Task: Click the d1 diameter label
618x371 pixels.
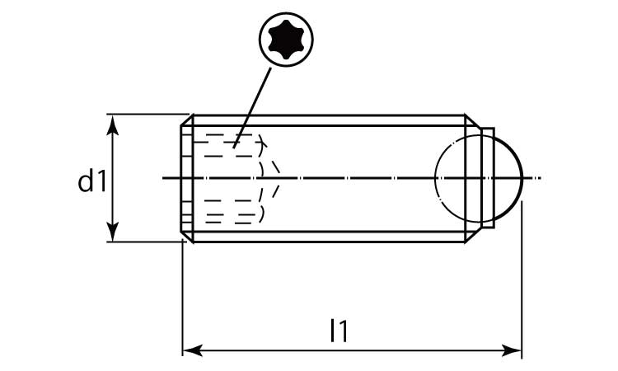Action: [92, 181]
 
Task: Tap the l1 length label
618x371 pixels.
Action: [339, 331]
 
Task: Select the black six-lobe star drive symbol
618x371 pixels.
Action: [286, 40]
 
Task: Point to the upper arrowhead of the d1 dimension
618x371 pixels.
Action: [113, 125]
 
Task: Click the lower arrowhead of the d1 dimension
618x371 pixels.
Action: [113, 231]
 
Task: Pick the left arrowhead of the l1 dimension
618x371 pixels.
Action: [193, 350]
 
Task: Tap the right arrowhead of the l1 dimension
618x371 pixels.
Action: [511, 350]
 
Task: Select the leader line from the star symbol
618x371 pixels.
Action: [253, 108]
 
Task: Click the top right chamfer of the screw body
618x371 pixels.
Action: [472, 121]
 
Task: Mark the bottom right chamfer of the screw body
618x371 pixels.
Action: [472, 235]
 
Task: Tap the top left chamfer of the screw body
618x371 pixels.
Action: [187, 120]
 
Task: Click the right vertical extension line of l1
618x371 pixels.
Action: [522, 280]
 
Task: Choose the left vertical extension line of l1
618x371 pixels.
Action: [182, 298]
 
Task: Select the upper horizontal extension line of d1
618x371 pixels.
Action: [147, 115]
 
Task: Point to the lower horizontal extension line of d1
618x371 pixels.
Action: [146, 242]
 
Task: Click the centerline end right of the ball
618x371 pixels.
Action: [541, 178]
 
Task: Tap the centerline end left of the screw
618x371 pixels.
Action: [163, 178]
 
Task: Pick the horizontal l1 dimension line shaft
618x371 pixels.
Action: [352, 350]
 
